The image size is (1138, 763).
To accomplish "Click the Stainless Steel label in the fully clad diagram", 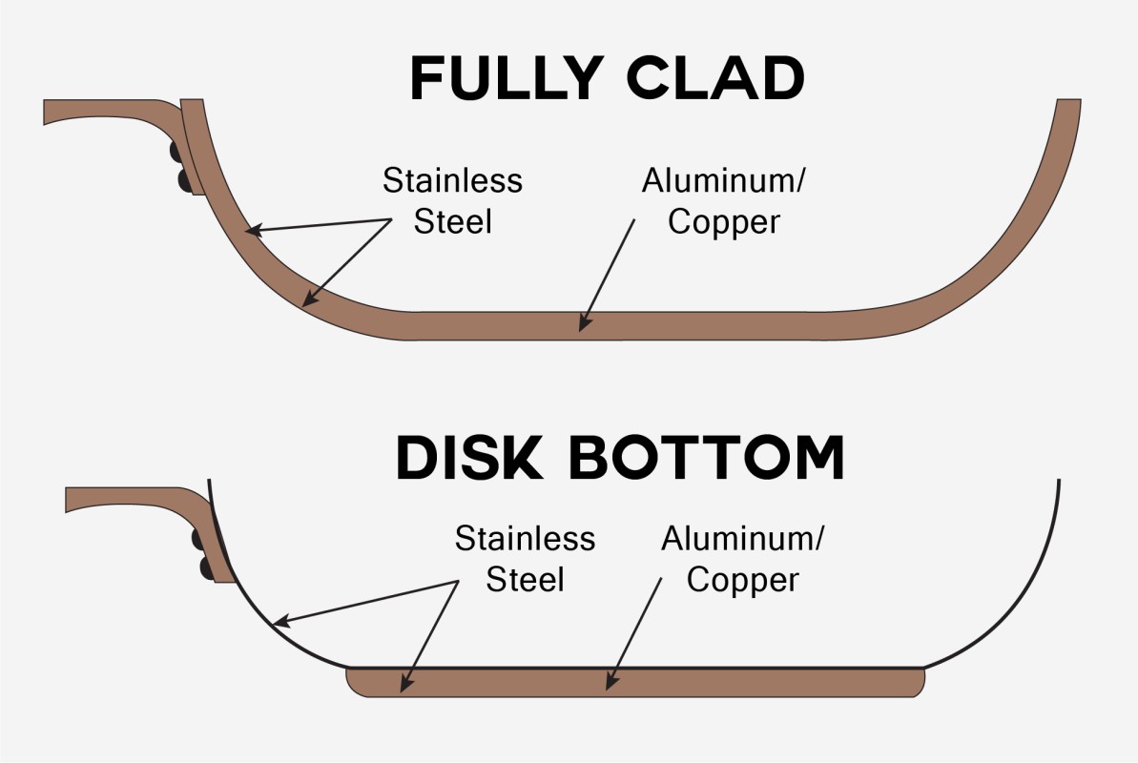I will point(452,200).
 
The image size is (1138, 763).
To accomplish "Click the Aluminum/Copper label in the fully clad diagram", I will point(722,200).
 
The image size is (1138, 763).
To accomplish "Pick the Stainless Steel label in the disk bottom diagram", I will point(525,558).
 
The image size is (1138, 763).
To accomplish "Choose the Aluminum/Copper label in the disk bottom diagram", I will point(741,560).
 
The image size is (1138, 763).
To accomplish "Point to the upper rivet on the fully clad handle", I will point(177,153).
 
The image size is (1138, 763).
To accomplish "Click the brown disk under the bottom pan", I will point(763,682).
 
